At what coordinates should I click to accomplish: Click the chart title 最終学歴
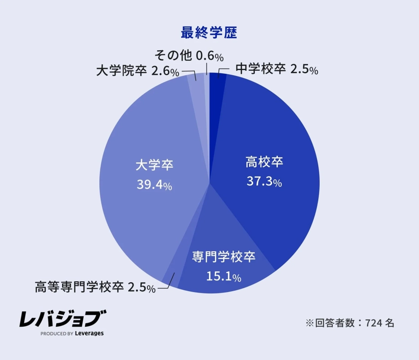coord(209,33)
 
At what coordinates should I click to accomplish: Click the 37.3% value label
coord(264,181)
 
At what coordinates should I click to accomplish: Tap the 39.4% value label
coord(154,185)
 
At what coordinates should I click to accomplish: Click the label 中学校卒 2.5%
coord(277,69)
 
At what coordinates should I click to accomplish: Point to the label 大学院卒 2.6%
coord(138,71)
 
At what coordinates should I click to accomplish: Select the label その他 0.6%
coord(189,56)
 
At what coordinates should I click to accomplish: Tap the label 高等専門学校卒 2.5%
coord(95,287)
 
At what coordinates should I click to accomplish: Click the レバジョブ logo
coord(62,319)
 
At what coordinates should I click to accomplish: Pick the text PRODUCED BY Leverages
coord(72,333)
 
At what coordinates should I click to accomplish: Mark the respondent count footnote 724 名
coord(350,323)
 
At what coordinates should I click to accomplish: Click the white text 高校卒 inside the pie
coord(264,162)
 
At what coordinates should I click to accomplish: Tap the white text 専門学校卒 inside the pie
coord(224,257)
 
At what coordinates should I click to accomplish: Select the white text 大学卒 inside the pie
coord(154,165)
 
